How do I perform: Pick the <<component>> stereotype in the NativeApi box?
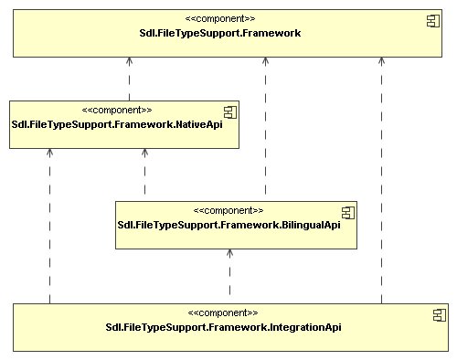tap(117, 110)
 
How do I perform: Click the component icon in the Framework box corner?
tap(434, 20)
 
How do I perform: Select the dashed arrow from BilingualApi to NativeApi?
tap(144, 174)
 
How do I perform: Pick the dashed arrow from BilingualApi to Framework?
tap(266, 128)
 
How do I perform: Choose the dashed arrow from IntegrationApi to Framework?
tap(381, 183)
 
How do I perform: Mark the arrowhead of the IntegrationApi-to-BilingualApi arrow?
tap(229, 256)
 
